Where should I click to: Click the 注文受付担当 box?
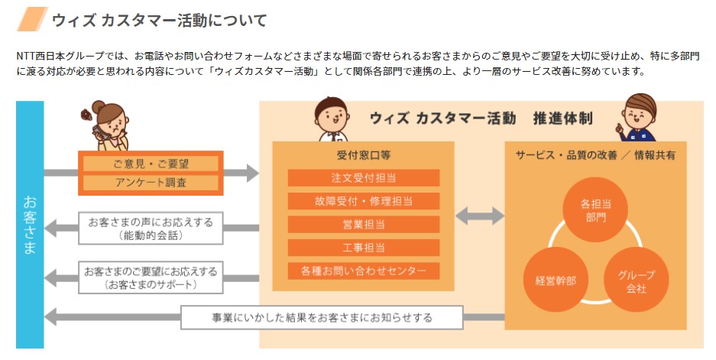pos(364,178)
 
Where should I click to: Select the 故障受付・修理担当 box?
pos(364,202)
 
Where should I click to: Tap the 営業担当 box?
pos(364,225)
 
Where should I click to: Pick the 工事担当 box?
pos(364,248)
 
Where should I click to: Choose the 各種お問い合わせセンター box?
pos(364,271)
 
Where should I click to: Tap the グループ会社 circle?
pos(636,279)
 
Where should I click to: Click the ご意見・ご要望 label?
pos(151,164)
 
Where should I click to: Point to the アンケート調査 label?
pos(151,183)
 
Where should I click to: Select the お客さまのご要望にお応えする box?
pos(151,277)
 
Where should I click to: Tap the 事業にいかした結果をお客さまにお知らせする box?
pos(322,317)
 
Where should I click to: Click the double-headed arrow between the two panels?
pos(480,216)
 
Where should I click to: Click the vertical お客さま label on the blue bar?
pos(30,225)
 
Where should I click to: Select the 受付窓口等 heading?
pos(364,154)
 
